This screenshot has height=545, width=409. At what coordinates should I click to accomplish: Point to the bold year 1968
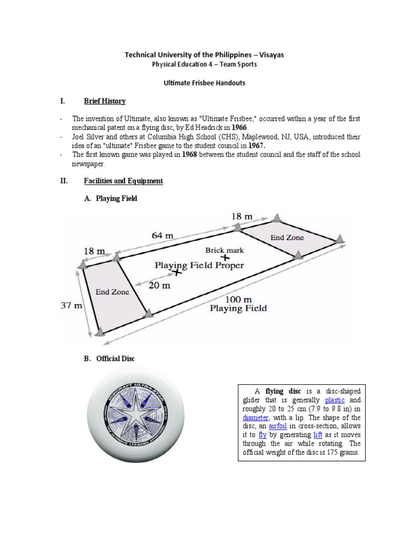click(x=191, y=154)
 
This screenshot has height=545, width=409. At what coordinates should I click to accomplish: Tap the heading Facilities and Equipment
click(x=123, y=181)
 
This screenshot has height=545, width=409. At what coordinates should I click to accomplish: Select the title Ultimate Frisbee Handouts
click(x=204, y=83)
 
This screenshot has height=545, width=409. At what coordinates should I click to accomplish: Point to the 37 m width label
click(x=71, y=305)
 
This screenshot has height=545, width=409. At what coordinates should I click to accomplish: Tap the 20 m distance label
click(x=159, y=285)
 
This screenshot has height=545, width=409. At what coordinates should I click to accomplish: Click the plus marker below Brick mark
click(x=218, y=258)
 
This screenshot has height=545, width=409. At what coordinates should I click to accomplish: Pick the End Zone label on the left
click(x=112, y=292)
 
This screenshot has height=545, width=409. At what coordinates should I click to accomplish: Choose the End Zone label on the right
click(x=287, y=237)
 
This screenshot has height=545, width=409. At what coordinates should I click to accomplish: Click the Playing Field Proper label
click(x=199, y=265)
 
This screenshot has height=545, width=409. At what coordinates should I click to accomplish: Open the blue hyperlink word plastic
click(x=334, y=400)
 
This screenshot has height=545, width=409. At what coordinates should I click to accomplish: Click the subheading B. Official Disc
click(x=109, y=359)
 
